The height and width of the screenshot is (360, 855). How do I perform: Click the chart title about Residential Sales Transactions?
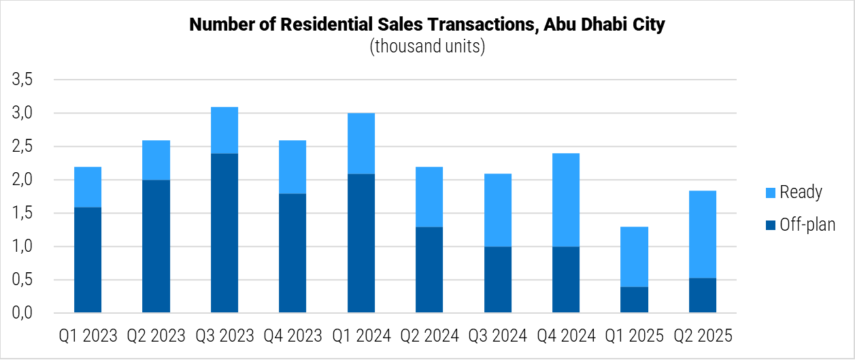coord(426,25)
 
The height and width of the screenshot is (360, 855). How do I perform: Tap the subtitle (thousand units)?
coord(426,47)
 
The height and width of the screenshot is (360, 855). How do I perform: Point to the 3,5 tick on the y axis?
coord(22,80)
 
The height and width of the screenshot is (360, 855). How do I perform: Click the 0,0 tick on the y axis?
coord(22,313)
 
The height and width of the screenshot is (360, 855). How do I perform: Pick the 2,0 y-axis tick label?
coord(22,180)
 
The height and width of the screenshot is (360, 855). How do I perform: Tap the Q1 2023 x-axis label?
coord(88,336)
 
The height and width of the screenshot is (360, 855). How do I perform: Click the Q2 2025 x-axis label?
coord(702,336)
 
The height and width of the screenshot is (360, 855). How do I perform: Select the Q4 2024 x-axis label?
coord(566,336)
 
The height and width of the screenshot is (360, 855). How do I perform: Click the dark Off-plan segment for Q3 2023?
coord(224,233)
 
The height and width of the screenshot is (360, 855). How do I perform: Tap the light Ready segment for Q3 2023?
coord(224,130)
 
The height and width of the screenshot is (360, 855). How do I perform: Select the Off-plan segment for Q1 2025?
coord(634,299)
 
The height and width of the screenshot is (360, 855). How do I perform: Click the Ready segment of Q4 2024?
coord(566,199)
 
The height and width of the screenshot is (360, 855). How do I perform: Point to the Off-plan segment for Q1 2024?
coord(361,243)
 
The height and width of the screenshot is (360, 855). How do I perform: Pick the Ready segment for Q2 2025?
coord(702,234)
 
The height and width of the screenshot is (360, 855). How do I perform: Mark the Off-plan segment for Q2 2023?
coord(156,246)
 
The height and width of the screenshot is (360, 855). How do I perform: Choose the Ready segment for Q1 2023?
coord(88,186)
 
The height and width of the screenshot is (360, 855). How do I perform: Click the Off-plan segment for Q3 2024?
coord(498,280)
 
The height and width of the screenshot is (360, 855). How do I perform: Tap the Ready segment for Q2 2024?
coord(429,197)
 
